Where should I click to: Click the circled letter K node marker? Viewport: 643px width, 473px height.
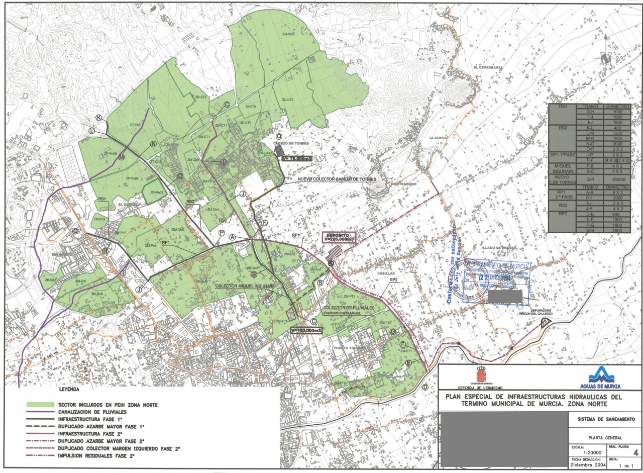coord(99,118)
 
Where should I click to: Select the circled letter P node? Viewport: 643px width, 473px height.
coord(222,233)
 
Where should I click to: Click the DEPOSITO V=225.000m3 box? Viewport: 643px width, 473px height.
coord(338,237)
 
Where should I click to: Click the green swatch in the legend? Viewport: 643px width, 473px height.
coord(40,404)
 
